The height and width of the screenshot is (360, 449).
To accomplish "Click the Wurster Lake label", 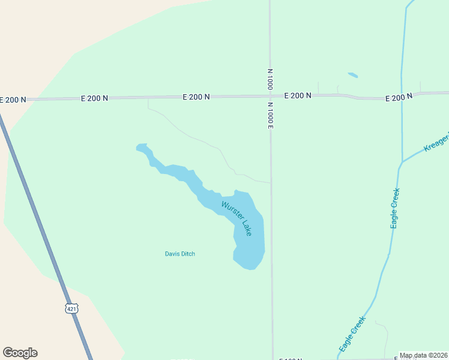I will tap(237, 218).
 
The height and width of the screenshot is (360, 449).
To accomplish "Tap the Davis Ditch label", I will tap(180, 254).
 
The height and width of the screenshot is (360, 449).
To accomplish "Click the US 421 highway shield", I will tap(71, 308).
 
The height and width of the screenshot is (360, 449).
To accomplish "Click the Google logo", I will tap(20, 353).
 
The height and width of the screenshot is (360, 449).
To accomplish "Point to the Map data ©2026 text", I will tap(424, 355).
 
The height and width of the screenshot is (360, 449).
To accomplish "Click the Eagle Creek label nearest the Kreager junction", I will tap(395, 208).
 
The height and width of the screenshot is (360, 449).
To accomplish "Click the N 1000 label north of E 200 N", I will tap(270, 79).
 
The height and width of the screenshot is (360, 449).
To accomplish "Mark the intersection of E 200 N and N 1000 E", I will tap(270, 95).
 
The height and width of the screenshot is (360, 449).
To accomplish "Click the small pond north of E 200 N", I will tap(353, 76).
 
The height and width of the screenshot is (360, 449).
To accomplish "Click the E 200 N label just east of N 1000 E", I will tap(298, 95).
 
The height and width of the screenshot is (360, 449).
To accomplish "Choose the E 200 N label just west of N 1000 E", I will tap(196, 96).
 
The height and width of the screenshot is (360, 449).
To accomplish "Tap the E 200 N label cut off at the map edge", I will tap(13, 100).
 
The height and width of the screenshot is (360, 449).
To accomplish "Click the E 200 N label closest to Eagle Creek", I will tap(399, 97).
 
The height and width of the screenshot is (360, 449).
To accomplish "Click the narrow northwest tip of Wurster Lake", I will tap(142, 146).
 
